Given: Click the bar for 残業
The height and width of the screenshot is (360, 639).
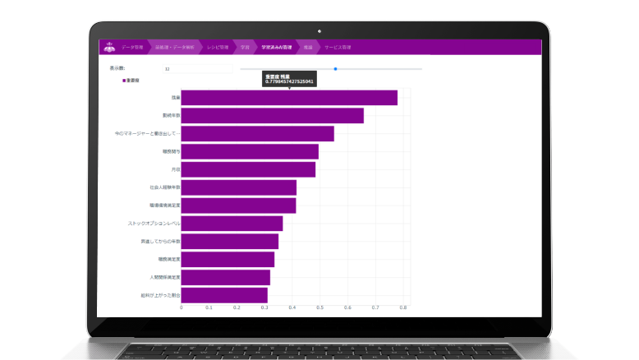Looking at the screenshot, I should [x=288, y=98].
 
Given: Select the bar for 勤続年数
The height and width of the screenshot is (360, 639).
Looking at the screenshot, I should [x=272, y=116].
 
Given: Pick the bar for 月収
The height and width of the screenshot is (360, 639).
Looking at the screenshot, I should [x=247, y=169].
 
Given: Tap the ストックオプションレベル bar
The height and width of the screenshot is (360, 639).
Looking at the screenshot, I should [x=232, y=224].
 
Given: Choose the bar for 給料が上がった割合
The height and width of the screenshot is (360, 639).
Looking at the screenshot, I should [x=223, y=294].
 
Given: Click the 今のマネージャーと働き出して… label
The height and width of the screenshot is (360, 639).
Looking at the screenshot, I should [x=148, y=133].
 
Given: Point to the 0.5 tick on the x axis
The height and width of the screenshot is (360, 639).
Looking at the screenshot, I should [x=319, y=308].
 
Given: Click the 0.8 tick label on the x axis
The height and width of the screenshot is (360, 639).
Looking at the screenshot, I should [x=403, y=308].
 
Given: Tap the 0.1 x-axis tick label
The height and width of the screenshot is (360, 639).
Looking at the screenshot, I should [x=209, y=308].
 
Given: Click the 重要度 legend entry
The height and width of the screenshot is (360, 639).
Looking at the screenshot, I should [x=131, y=81].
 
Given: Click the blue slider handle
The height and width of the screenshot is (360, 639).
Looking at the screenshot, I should [x=335, y=68].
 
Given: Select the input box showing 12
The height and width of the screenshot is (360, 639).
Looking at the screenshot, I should [x=197, y=69].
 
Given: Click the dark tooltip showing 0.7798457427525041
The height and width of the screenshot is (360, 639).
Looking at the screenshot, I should [x=289, y=79].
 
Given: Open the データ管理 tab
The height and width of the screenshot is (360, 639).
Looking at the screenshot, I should [x=132, y=48].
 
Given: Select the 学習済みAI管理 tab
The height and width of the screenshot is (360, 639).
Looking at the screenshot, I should [x=277, y=48].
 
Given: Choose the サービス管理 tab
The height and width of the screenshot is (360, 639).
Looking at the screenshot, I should [x=337, y=48].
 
